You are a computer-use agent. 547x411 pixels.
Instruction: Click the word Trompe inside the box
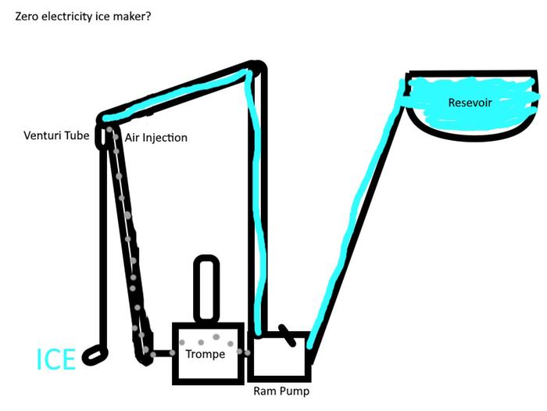point(205,354)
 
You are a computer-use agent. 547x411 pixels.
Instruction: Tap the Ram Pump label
point(281,391)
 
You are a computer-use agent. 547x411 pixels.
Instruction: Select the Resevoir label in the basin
point(470,103)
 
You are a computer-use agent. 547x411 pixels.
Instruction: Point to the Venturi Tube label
point(56,135)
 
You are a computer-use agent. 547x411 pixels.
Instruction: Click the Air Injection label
point(156,138)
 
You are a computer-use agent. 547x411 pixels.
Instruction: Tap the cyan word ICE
point(55,359)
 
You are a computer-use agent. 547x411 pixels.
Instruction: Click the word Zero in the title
point(27,16)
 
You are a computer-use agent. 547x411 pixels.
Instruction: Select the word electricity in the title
point(67,16)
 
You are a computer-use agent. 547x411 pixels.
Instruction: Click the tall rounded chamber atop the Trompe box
point(206,288)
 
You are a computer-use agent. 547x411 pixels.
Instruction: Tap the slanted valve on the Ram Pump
point(288,335)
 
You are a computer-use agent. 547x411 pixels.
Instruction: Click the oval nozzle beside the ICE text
point(95,355)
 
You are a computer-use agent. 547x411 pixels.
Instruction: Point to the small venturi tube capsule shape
point(101,136)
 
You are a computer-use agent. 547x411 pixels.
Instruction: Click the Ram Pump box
point(279,356)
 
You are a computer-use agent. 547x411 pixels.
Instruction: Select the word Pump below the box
point(295,391)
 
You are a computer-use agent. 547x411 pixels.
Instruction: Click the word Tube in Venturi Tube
point(77,135)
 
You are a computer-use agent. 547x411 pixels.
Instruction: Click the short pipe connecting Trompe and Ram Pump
point(245,353)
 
